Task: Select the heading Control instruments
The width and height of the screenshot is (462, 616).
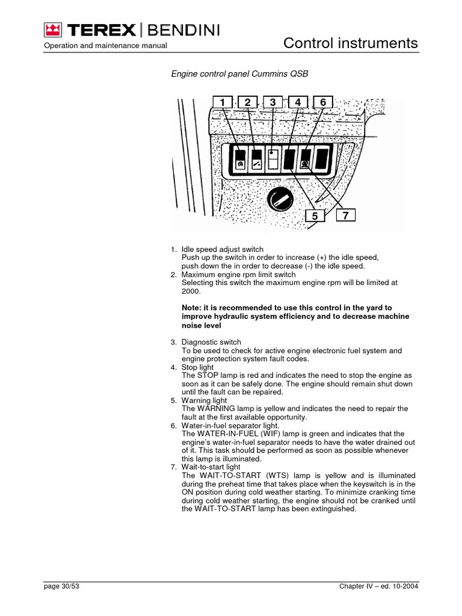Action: pyautogui.click(x=350, y=43)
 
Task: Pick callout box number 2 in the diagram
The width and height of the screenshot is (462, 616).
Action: pyautogui.click(x=247, y=103)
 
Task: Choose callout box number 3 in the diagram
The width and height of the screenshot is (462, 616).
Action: pyautogui.click(x=273, y=103)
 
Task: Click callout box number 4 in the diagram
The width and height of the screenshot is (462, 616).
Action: pyautogui.click(x=298, y=103)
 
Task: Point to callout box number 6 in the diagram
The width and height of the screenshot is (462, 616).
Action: pyautogui.click(x=323, y=103)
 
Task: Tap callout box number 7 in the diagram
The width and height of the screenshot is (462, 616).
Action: pyautogui.click(x=345, y=215)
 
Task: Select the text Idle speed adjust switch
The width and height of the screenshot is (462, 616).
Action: pyautogui.click(x=222, y=249)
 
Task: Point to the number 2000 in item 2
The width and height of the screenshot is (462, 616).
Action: pyautogui.click(x=191, y=291)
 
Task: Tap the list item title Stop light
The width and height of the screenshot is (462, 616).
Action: pyautogui.click(x=197, y=367)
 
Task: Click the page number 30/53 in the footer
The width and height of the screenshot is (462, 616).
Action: pyautogui.click(x=62, y=587)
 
